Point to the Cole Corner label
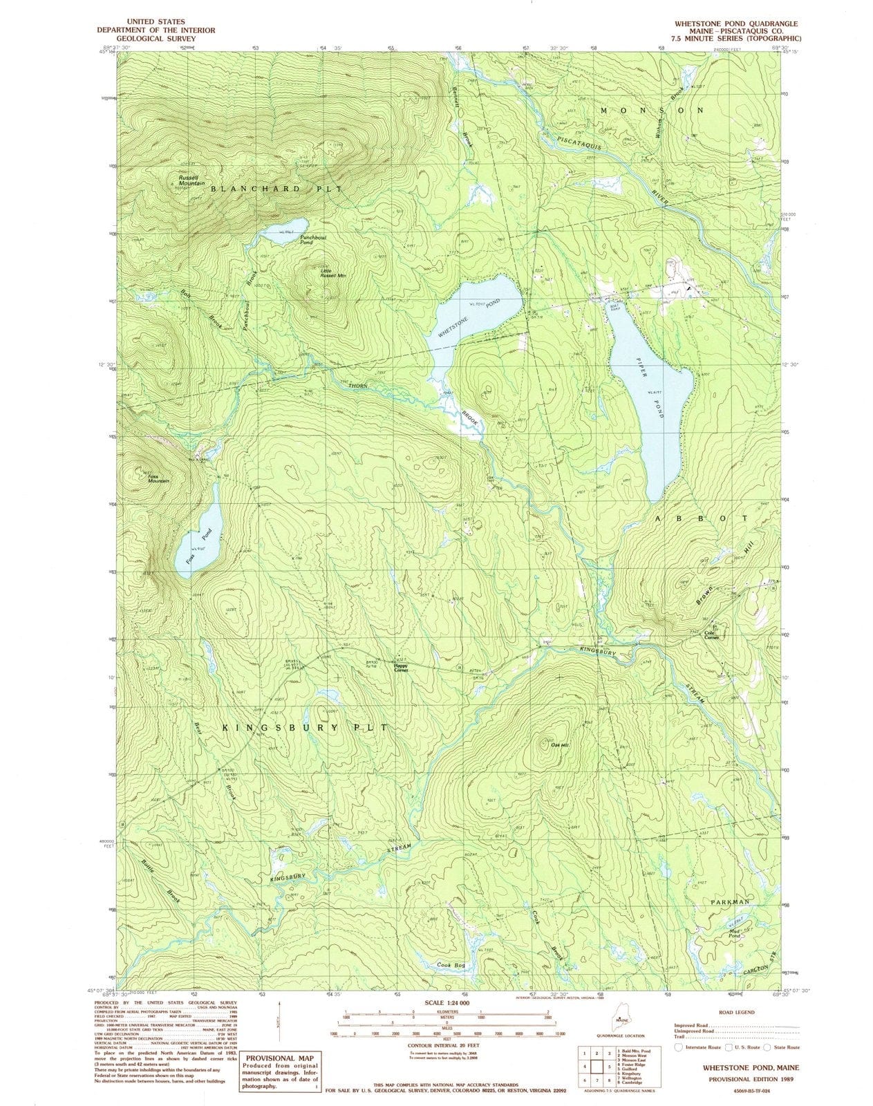pos(712,635)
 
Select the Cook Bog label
pos(451,964)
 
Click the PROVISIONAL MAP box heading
pos(276,1058)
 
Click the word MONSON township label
pos(651,111)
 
